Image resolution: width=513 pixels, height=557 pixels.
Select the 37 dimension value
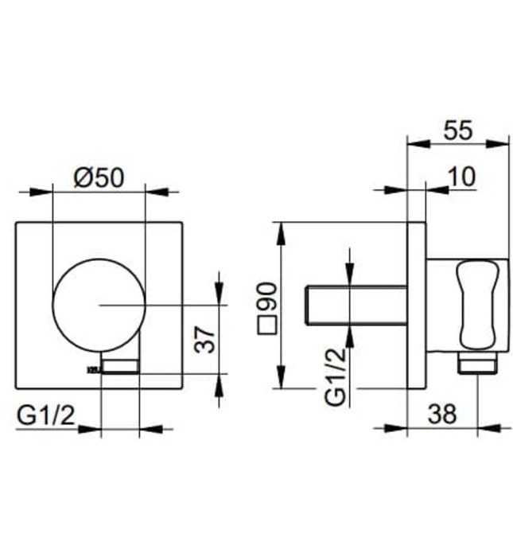pos(205,341)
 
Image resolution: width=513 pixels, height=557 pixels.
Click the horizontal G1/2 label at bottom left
pos(45,414)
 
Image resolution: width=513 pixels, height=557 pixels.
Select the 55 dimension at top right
pos(457,130)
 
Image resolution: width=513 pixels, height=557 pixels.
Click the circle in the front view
pos(99,305)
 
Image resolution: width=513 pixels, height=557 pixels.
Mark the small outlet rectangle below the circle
pos(121,366)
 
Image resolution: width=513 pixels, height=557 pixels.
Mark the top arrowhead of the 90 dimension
pos(280,228)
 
